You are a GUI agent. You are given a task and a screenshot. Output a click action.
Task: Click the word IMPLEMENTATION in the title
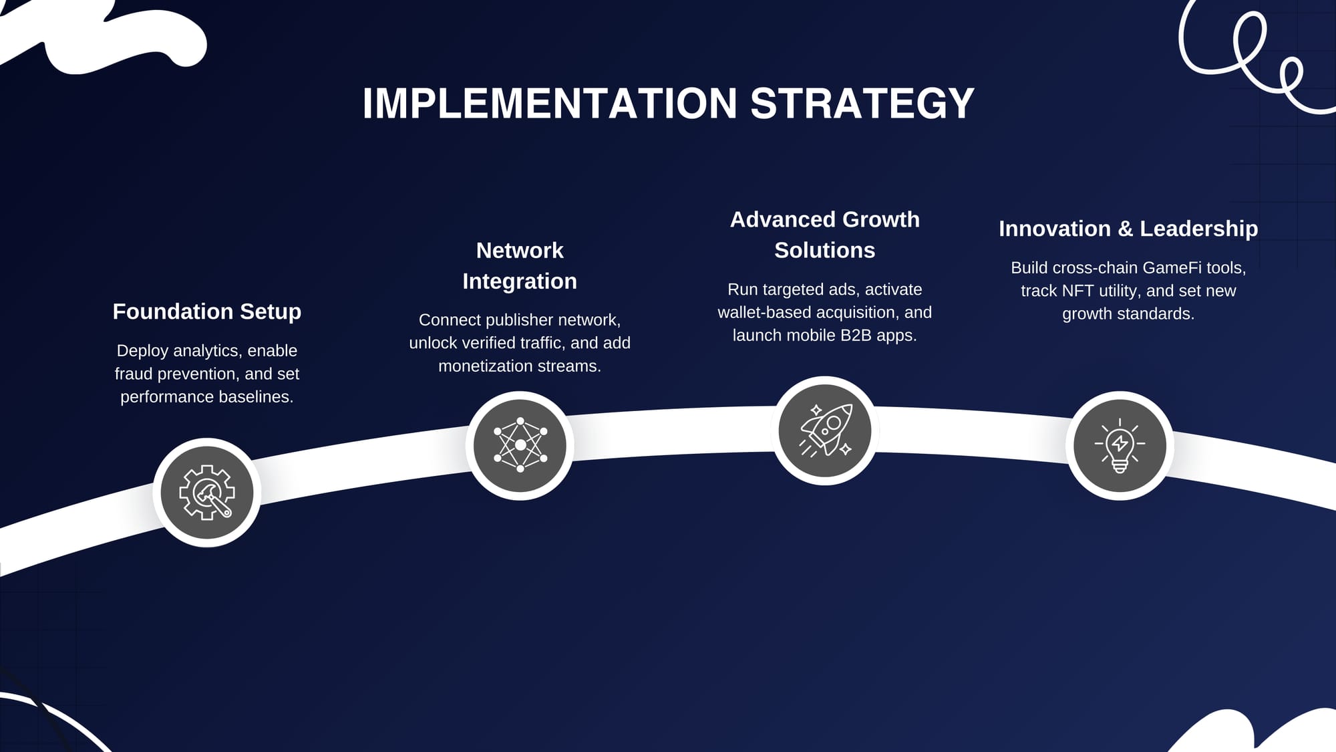coord(550,104)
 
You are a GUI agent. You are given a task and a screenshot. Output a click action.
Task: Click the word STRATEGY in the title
coord(862,104)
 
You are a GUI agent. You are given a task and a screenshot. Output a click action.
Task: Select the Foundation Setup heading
coord(207,311)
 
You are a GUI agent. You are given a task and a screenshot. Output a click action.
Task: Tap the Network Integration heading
coord(520,265)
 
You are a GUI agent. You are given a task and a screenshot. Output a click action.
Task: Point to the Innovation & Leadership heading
coord(1128,229)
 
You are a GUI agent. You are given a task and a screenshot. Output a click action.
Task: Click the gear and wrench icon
coord(207,493)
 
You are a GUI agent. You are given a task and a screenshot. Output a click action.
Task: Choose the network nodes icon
coord(520,445)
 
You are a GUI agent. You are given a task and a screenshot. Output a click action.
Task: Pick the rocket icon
coord(826,430)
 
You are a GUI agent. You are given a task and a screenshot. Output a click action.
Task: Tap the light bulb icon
coord(1120,446)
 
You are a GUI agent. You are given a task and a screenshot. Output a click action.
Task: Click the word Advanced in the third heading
coord(774,219)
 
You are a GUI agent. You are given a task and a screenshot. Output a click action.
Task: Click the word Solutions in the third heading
coord(825,250)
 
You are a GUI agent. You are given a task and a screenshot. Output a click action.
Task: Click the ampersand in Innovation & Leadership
coord(1126,229)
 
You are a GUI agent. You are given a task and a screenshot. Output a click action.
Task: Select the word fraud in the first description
coord(131,374)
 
